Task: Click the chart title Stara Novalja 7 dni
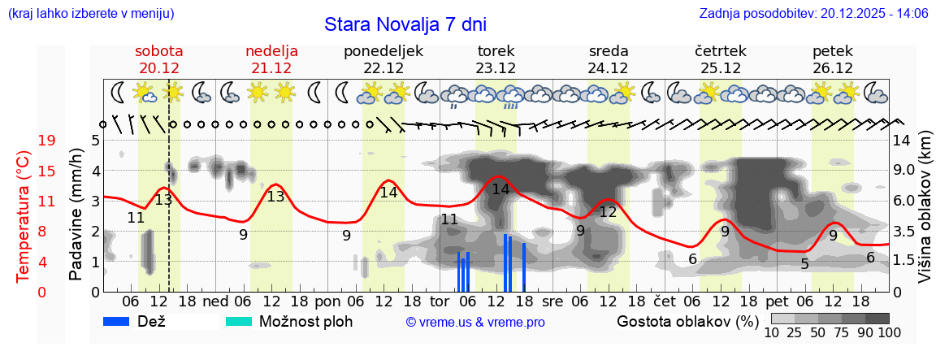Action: (405, 24)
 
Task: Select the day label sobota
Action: (158, 50)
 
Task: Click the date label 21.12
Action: (271, 68)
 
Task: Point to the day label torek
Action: (496, 50)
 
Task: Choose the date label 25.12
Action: (720, 68)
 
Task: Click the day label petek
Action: (832, 50)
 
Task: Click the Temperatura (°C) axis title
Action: (24, 216)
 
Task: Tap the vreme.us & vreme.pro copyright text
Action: (474, 323)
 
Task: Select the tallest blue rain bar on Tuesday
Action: (505, 262)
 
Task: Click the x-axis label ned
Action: (214, 301)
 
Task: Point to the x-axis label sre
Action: (552, 301)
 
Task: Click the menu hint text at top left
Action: (90, 14)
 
